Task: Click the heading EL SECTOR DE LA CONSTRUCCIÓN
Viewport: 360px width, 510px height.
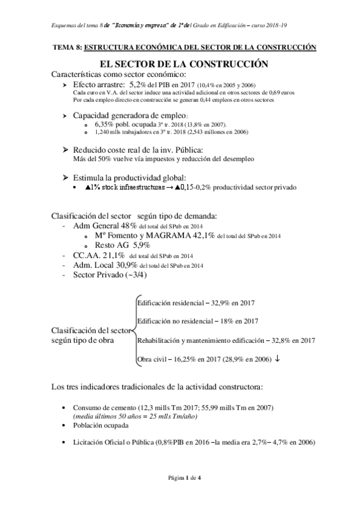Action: (180, 64)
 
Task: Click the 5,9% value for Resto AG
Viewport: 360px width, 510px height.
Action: (137, 245)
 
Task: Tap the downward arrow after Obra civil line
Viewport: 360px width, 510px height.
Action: (276, 359)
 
